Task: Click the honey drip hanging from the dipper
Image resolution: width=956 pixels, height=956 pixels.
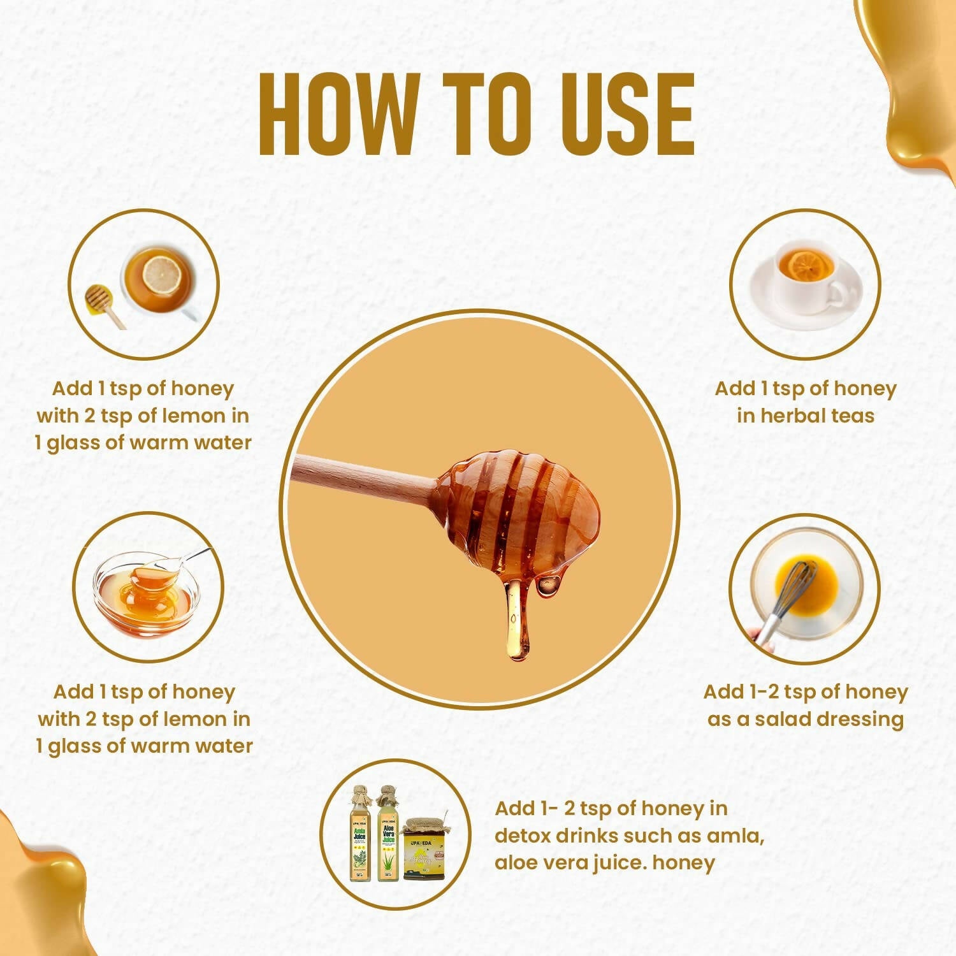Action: (517, 618)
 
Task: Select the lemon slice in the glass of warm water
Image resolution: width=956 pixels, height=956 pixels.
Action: (162, 274)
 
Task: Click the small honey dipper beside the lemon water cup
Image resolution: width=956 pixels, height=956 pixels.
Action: (105, 304)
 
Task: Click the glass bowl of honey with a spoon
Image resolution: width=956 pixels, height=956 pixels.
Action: (147, 593)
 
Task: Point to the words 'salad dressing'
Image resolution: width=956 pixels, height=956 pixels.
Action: (829, 719)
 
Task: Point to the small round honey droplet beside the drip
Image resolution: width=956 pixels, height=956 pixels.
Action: (548, 584)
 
